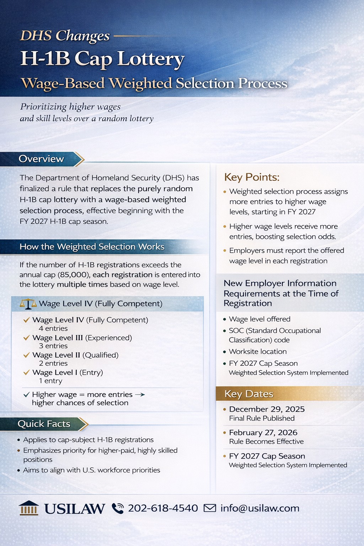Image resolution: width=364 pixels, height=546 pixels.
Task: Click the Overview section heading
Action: (x=41, y=159)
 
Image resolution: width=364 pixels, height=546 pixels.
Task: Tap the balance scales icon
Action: (x=28, y=304)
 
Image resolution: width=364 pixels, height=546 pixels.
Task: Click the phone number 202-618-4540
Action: (x=163, y=508)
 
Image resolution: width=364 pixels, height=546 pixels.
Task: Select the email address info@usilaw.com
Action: (x=260, y=508)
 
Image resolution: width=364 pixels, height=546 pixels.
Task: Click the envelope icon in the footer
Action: (x=210, y=508)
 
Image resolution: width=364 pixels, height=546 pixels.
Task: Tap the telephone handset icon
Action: (x=118, y=508)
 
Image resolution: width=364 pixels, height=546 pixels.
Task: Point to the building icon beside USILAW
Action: (x=29, y=508)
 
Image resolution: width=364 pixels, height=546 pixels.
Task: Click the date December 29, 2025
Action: (x=267, y=409)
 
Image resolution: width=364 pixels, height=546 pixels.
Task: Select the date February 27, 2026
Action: (x=263, y=433)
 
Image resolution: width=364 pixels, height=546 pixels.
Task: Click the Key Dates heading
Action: (x=249, y=394)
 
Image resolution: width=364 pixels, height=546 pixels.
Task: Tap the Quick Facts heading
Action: (x=44, y=424)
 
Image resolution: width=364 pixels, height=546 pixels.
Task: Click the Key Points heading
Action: (x=252, y=177)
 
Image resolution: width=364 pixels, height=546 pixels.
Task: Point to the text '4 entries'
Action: (x=53, y=328)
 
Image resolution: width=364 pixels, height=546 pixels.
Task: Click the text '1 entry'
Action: (x=50, y=381)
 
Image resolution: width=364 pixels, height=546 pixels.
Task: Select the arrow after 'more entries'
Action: (x=140, y=395)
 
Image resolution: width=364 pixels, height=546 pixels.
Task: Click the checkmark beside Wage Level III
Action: (x=26, y=338)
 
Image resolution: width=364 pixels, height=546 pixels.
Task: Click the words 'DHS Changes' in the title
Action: (x=65, y=36)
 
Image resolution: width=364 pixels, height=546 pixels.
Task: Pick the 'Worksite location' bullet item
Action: (x=258, y=352)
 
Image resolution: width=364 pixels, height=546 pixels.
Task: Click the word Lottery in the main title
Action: (x=151, y=59)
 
